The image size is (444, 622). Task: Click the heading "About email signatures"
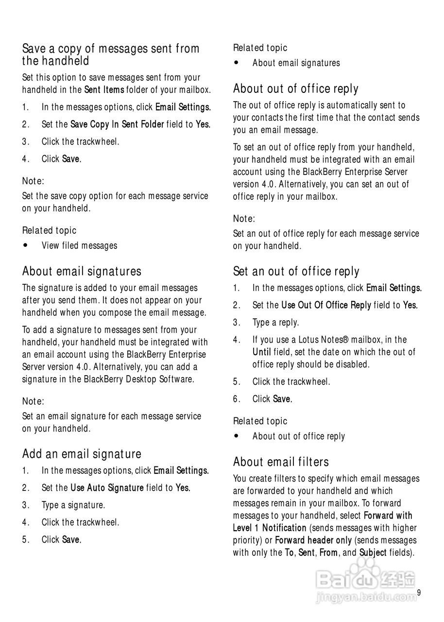(x=82, y=271)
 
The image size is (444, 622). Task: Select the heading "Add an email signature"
(x=82, y=454)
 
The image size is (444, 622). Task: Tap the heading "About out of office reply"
(x=295, y=89)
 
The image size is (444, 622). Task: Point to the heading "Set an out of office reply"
(x=296, y=271)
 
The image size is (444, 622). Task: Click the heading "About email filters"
(x=281, y=462)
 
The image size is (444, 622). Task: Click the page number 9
(x=419, y=592)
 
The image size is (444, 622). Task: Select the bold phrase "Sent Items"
(x=104, y=90)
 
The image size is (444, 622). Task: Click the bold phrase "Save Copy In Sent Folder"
(x=117, y=124)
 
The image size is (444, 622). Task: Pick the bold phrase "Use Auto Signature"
(x=107, y=487)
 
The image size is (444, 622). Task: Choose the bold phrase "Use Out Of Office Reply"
(x=326, y=305)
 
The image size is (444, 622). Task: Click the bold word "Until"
(x=261, y=352)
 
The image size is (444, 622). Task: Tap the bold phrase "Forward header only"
(x=313, y=540)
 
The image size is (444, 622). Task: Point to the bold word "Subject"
(x=373, y=553)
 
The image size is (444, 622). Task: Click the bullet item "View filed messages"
(x=79, y=245)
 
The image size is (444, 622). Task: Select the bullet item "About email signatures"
(x=296, y=63)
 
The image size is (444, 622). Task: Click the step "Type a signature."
(x=73, y=505)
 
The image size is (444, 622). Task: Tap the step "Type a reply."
(x=275, y=322)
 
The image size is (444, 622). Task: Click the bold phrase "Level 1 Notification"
(x=270, y=528)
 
